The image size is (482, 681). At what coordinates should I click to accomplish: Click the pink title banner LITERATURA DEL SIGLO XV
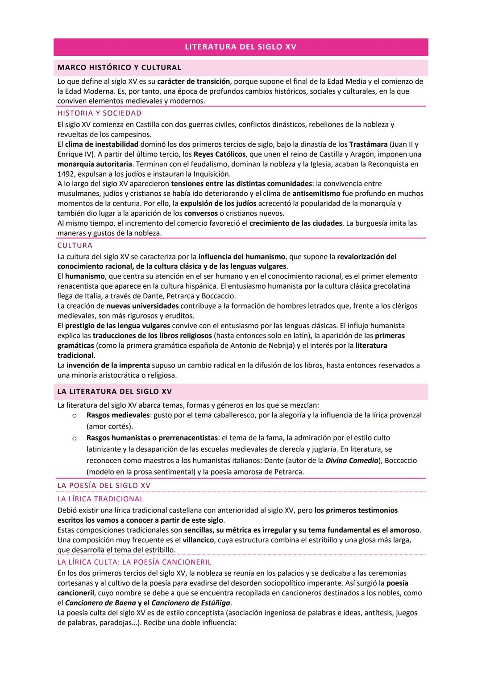pyautogui.click(x=241, y=47)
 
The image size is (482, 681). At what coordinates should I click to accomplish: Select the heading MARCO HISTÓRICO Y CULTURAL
pyautogui.click(x=119, y=68)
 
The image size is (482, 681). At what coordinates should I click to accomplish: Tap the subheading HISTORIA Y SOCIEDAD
pyautogui.click(x=99, y=113)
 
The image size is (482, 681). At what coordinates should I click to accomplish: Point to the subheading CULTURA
pyautogui.click(x=75, y=245)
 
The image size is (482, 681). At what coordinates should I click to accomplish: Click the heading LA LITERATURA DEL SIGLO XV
pyautogui.click(x=115, y=392)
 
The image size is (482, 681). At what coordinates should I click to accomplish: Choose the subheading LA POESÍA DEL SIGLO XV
pyautogui.click(x=104, y=485)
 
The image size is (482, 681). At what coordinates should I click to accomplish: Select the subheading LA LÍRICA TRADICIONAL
pyautogui.click(x=100, y=499)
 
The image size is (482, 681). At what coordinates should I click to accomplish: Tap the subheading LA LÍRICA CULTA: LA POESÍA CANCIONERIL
pyautogui.click(x=134, y=562)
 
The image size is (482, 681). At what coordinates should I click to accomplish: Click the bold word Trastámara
pyautogui.click(x=368, y=144)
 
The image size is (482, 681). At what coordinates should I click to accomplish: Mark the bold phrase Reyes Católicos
pyautogui.click(x=220, y=154)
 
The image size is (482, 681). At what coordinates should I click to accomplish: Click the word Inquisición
pyautogui.click(x=209, y=174)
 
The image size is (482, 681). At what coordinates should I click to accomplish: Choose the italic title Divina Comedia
pyautogui.click(x=352, y=460)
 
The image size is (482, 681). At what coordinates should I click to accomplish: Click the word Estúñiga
pyautogui.click(x=211, y=603)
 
